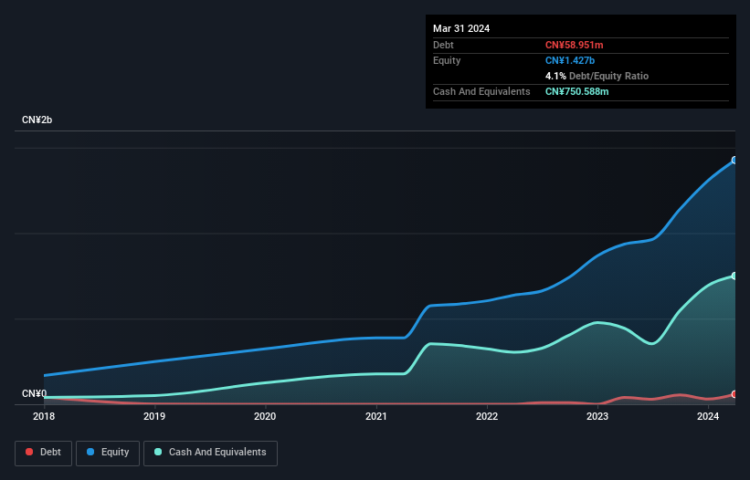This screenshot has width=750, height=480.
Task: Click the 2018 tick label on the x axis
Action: (x=44, y=417)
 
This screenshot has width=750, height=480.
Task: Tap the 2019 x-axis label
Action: (x=154, y=417)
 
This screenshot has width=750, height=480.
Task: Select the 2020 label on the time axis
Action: (x=265, y=417)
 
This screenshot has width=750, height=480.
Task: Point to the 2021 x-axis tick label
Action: (x=376, y=417)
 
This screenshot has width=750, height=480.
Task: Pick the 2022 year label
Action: (x=487, y=417)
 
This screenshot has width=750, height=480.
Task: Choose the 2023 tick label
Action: (x=597, y=417)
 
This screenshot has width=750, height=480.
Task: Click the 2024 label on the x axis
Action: (x=708, y=417)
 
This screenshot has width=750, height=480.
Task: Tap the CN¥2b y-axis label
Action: (x=37, y=120)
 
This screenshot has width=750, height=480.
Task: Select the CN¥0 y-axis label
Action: (x=34, y=393)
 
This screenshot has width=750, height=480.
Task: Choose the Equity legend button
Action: (x=108, y=453)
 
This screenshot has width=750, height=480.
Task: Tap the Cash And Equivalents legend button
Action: (x=210, y=453)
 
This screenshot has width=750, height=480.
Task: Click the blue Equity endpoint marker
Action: (x=734, y=160)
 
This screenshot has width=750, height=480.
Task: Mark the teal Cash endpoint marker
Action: (x=734, y=276)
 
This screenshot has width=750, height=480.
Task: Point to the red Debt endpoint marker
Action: (x=734, y=394)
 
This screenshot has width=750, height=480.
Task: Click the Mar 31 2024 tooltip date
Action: (x=461, y=28)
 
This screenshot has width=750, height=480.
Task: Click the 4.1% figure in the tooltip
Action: (x=555, y=76)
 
